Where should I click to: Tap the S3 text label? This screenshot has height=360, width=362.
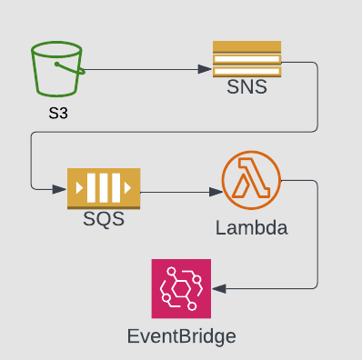click(x=57, y=115)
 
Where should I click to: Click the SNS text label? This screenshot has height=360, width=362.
click(x=246, y=89)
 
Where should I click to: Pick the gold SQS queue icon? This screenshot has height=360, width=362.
click(x=104, y=189)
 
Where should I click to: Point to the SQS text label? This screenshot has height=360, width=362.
click(x=104, y=219)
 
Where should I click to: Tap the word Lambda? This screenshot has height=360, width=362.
click(x=251, y=227)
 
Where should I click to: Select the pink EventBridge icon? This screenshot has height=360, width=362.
click(x=181, y=289)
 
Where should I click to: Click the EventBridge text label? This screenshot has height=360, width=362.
click(x=181, y=337)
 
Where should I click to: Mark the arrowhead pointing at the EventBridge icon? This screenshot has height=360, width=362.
click(x=218, y=289)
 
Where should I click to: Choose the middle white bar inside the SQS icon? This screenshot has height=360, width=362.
click(x=104, y=189)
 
